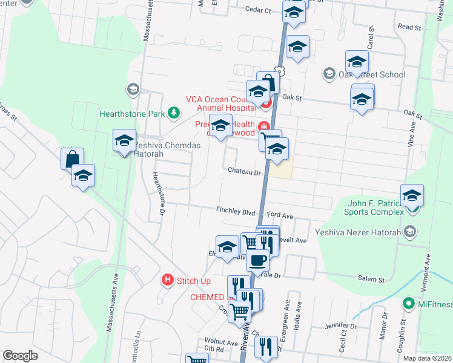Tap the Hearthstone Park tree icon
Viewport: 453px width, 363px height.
[174, 113]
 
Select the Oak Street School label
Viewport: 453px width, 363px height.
[371, 74]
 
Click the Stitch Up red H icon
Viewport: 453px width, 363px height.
[168, 280]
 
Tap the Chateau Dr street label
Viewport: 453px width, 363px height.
[243, 172]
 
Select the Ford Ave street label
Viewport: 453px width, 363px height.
[280, 215]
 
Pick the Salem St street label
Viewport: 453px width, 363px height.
[372, 280]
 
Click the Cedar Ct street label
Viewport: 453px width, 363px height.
[257, 9]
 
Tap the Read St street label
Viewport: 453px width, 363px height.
[409, 27]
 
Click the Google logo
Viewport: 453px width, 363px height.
[21, 356]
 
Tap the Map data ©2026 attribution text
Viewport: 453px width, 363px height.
[427, 358]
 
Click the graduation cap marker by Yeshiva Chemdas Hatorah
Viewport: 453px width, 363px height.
[124, 142]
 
